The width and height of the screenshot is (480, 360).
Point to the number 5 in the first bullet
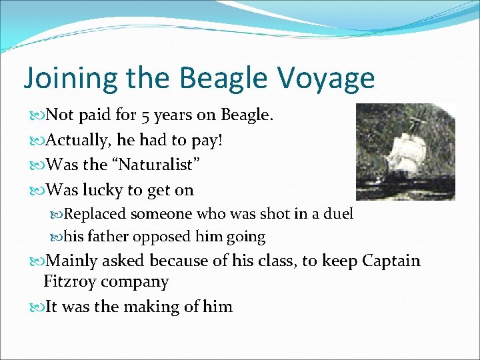[x=145, y=115]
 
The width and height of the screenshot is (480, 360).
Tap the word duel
[x=339, y=214]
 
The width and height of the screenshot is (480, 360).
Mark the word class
[x=274, y=261]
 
